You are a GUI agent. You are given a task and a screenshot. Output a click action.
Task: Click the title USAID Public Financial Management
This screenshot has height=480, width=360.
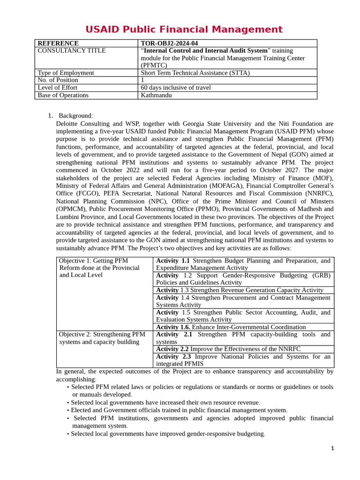pos(184,30)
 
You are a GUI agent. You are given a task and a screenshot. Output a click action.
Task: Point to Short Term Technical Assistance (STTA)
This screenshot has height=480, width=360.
pos(195,73)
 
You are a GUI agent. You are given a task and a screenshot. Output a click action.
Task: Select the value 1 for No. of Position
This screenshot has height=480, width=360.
pos(142,80)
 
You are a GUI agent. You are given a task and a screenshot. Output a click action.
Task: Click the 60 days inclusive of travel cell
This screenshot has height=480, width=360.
pos(176,88)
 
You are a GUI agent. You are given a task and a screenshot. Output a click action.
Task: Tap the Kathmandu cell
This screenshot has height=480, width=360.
pos(156,95)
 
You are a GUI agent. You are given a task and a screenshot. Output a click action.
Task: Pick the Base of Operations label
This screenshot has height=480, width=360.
pos(63,95)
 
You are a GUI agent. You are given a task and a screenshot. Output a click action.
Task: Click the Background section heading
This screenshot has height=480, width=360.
pos(75,116)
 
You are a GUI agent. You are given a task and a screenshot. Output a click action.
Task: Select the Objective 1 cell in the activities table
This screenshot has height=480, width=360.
pos(99,268)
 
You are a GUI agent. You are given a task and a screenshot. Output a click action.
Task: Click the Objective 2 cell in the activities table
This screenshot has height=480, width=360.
pos(102,338)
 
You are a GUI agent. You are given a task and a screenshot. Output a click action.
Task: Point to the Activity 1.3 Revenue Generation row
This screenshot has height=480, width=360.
pos(240,290)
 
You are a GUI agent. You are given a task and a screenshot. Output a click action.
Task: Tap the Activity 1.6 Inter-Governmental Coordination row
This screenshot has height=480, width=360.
pos(231,327)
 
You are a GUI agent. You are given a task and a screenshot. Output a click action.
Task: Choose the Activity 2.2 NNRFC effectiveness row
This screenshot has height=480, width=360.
pos(228,349)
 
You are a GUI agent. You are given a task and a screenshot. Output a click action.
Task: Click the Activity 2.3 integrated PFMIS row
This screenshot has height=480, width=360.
pos(243,360)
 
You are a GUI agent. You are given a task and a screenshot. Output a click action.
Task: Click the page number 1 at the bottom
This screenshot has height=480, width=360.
pos(332,448)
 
